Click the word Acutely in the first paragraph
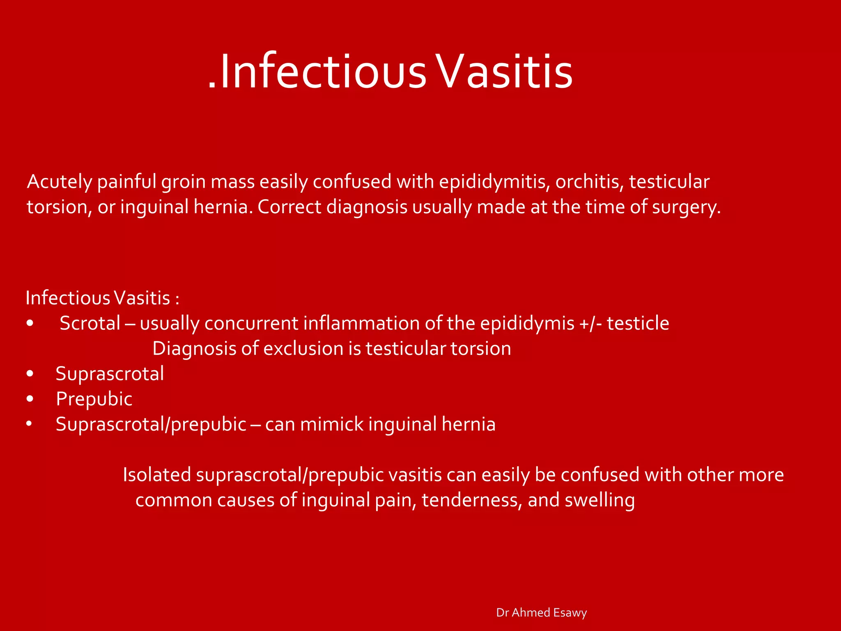[x=59, y=182]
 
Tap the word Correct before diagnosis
[x=289, y=207]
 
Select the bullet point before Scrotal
[x=30, y=323]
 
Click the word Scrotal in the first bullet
[x=90, y=323]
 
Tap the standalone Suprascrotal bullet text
[x=110, y=374]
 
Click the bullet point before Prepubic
[x=30, y=399]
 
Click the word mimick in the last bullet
[x=331, y=424]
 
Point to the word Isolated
[x=157, y=475]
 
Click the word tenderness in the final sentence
[x=471, y=500]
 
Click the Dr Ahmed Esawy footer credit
[x=541, y=613]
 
